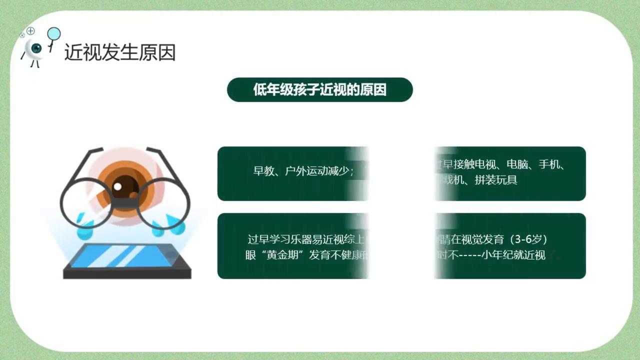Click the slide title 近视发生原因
click(120, 52)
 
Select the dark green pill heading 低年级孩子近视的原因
click(320, 90)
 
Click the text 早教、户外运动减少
click(303, 171)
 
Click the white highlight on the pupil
click(117, 186)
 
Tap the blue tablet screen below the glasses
click(125, 256)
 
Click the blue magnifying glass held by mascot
click(53, 34)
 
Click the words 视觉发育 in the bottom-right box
click(480, 239)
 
